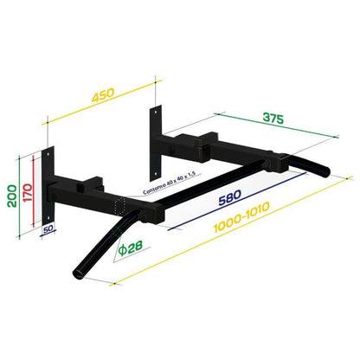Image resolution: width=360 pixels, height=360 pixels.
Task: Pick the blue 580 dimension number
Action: click(x=228, y=198)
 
